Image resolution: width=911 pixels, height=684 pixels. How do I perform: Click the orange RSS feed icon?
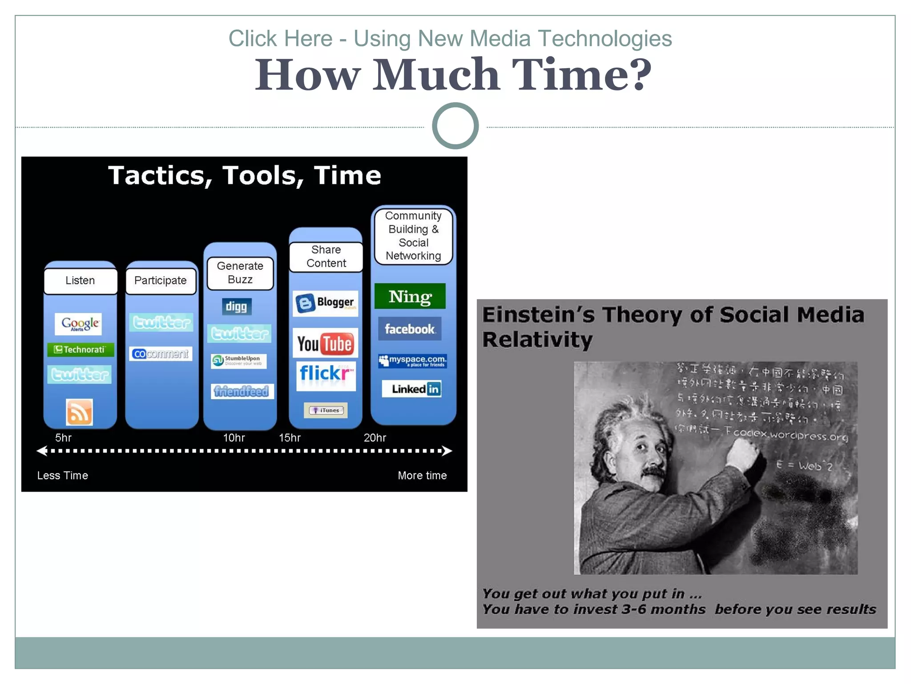(x=80, y=412)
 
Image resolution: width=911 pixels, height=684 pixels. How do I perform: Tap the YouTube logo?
(x=325, y=344)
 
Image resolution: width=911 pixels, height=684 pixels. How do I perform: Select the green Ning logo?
(x=410, y=297)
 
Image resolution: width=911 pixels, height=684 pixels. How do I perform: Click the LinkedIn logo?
(x=411, y=389)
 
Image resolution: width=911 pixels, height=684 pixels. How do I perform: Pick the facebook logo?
(x=410, y=329)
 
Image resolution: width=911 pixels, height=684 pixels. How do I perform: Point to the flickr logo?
(x=326, y=374)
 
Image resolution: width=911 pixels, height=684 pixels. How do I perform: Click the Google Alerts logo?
(x=79, y=324)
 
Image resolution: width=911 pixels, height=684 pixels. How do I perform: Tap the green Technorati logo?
(x=81, y=350)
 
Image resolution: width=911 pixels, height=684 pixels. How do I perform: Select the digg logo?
(x=236, y=306)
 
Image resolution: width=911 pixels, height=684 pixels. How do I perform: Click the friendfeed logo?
(x=242, y=391)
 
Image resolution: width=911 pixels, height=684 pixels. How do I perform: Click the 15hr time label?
(x=290, y=438)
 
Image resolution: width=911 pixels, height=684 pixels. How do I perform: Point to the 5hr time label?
(x=63, y=438)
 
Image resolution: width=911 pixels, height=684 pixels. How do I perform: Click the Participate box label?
(x=161, y=281)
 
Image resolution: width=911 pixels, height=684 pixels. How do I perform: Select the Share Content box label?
(x=326, y=256)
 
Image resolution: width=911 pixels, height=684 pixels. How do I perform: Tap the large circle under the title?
(x=455, y=126)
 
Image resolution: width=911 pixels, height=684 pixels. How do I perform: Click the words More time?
(x=422, y=476)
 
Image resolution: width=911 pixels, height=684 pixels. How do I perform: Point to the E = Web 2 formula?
(x=804, y=466)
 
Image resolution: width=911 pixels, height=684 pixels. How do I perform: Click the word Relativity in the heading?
(x=537, y=340)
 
